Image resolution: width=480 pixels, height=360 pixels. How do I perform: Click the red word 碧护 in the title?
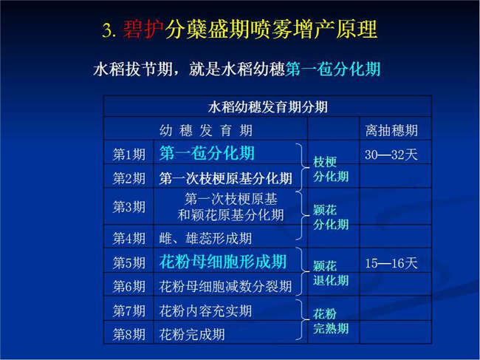[143, 30]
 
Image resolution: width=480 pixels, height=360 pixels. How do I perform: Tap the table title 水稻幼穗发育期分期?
[268, 107]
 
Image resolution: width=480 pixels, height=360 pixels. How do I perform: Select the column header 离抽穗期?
[391, 131]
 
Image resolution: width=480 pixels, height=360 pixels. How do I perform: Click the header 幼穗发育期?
[206, 131]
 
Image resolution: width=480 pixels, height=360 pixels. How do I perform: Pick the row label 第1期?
[129, 154]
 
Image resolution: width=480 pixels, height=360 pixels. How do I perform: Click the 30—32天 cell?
[391, 154]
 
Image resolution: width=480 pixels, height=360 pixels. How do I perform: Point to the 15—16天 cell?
[391, 263]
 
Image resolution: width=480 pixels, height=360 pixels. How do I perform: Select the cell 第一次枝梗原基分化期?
[226, 178]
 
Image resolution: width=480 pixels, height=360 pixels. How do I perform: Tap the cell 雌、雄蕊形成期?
[205, 238]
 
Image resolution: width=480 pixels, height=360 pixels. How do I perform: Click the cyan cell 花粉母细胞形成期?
[223, 262]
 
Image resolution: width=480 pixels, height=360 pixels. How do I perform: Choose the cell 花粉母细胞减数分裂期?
[225, 287]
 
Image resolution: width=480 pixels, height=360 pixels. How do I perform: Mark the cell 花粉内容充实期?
[205, 311]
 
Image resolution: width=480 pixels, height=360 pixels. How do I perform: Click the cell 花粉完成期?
[192, 334]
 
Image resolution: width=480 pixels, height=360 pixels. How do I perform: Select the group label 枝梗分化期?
[331, 169]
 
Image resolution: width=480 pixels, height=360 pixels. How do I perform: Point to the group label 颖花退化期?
[331, 273]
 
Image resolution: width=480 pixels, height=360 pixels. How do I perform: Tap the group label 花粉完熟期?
[331, 322]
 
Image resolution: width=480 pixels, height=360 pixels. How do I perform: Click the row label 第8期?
[129, 334]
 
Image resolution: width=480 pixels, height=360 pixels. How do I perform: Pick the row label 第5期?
[129, 263]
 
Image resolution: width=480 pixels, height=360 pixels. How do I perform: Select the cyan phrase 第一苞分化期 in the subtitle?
[333, 69]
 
